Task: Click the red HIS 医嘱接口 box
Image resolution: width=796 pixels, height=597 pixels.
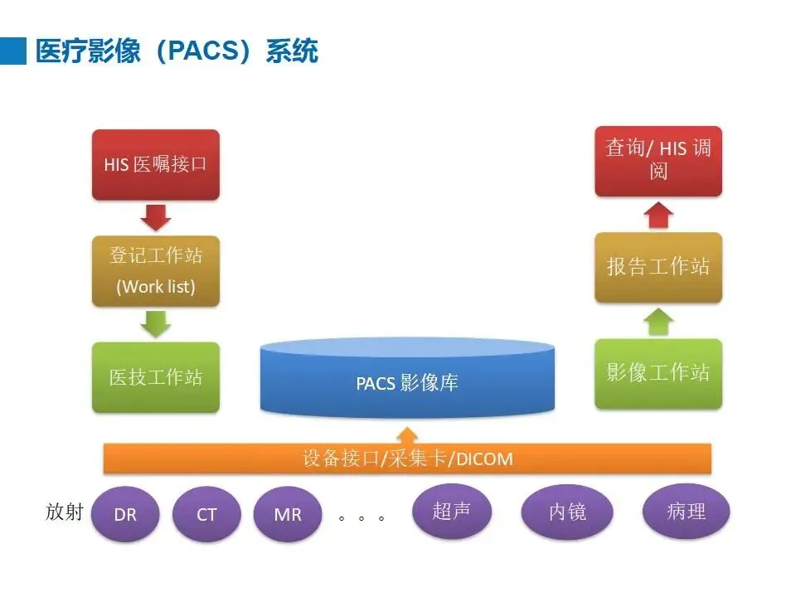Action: click(x=156, y=164)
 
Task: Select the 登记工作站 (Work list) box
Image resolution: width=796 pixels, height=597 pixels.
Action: click(x=156, y=270)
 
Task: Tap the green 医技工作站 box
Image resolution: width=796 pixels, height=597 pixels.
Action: click(x=156, y=377)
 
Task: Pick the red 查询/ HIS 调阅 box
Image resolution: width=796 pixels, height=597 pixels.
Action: click(x=658, y=161)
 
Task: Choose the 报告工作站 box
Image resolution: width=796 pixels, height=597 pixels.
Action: click(x=658, y=267)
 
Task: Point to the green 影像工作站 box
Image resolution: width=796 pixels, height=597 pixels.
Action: click(x=658, y=373)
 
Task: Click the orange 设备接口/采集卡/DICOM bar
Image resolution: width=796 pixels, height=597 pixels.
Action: click(x=407, y=459)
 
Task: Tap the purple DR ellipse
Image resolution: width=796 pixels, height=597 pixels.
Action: click(x=126, y=513)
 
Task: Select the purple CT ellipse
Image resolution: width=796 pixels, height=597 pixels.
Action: click(x=206, y=513)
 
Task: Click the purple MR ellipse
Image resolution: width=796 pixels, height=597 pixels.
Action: click(x=287, y=513)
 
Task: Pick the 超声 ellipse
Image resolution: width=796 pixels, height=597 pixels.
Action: click(x=451, y=511)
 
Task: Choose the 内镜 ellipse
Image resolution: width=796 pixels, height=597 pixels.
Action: click(x=568, y=511)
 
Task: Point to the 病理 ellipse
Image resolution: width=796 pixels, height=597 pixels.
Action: click(x=686, y=511)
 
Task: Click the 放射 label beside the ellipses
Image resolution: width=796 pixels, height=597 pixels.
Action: click(x=65, y=512)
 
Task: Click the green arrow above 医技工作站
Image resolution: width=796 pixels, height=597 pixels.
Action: click(x=156, y=323)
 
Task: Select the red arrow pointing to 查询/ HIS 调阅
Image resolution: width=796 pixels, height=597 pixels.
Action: click(x=658, y=214)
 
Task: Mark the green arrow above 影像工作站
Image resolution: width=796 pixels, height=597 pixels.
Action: click(x=658, y=321)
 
